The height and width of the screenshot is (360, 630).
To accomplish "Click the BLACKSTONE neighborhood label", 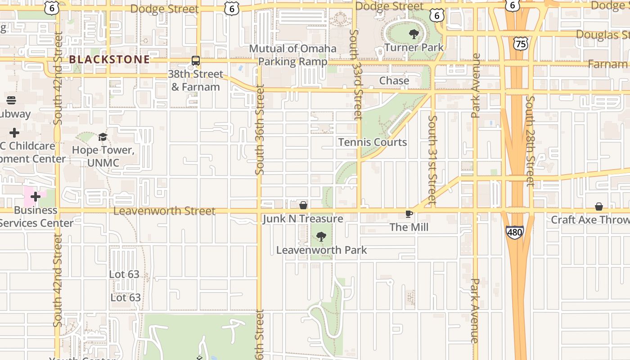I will coord(109,59).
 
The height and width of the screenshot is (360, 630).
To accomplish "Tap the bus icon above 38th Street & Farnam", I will coord(196,61).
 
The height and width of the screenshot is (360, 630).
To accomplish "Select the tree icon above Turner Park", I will coord(414,34).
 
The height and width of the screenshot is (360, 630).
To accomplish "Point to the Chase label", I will coord(394,81).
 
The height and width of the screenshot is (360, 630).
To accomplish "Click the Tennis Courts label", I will coord(373,142).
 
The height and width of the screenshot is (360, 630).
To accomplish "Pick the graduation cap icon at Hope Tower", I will coord(103,137).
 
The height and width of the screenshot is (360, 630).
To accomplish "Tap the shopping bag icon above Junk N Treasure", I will coord(303,206).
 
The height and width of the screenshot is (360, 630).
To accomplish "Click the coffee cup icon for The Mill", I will coord(409,214).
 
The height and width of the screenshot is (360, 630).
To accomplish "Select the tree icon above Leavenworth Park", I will coord(321,237).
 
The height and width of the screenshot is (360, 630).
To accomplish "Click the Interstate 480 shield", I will coord(514,232).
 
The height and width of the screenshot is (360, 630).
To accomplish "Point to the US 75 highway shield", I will coord(521,43).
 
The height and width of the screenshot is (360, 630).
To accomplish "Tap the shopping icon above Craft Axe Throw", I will coord(599,207).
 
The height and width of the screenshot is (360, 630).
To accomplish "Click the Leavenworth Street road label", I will coord(165,211).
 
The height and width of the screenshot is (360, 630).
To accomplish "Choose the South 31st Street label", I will coord(432,160).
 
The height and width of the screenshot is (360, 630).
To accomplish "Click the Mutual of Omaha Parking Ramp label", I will coord(292,55).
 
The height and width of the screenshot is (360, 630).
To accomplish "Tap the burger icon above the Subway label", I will coord(11,100).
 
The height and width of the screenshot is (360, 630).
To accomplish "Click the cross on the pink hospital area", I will coord(36,197).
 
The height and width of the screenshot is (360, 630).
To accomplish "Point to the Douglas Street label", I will coord(602,35).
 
